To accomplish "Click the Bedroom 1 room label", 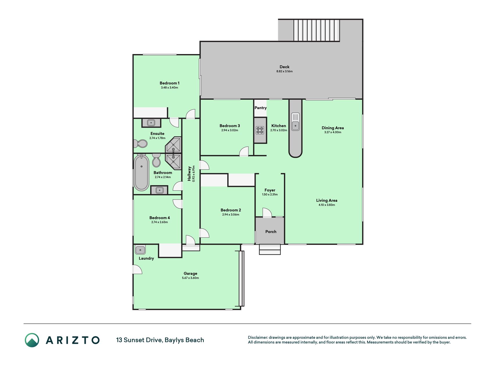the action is [x=169, y=83].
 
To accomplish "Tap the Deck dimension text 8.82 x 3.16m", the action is [x=284, y=71].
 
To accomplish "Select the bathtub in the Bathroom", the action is [x=142, y=173].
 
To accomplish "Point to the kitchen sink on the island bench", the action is [x=296, y=122].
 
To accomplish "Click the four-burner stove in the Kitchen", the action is [x=260, y=130].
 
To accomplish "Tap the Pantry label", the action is [x=261, y=108].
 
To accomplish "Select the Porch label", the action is [x=271, y=232].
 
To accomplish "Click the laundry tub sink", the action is [x=140, y=250].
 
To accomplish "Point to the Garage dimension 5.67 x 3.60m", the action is [x=191, y=278].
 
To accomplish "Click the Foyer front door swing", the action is [x=267, y=213].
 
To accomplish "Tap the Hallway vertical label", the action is [x=189, y=174].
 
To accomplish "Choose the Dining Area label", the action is [x=333, y=128].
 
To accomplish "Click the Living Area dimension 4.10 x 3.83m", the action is [x=327, y=205].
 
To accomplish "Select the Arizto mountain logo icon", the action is [x=32, y=340].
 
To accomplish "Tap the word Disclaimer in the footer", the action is [x=257, y=337].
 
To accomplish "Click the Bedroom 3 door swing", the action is [x=244, y=151].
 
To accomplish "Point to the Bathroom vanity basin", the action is [x=159, y=190].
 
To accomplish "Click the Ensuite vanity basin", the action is [x=151, y=123].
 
